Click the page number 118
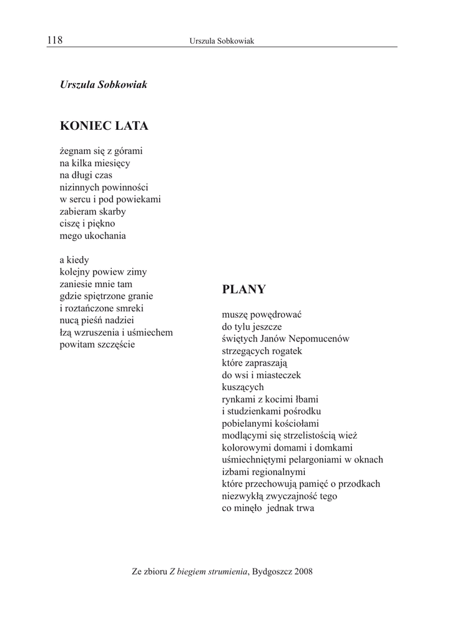55,41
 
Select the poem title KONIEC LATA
104,126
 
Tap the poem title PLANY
243,290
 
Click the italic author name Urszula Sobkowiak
103,84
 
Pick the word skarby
111,212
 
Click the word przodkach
358,484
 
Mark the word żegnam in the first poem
75,151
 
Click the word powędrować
278,315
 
